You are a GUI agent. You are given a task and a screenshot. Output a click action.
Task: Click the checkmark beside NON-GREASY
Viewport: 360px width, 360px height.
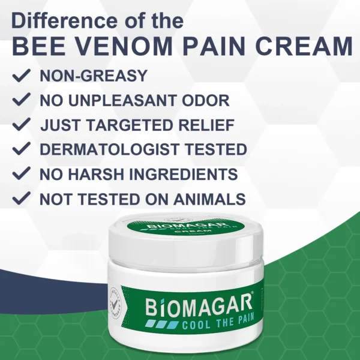point(22,76)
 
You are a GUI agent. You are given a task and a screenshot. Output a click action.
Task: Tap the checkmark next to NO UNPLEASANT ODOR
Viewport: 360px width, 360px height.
point(22,100)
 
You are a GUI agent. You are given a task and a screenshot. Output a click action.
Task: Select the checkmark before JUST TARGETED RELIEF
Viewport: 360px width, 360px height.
point(22,125)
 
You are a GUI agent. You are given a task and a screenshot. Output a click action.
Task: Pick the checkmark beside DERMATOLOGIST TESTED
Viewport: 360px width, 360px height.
point(22,149)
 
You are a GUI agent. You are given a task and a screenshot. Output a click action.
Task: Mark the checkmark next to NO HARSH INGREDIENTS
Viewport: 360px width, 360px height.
point(22,174)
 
